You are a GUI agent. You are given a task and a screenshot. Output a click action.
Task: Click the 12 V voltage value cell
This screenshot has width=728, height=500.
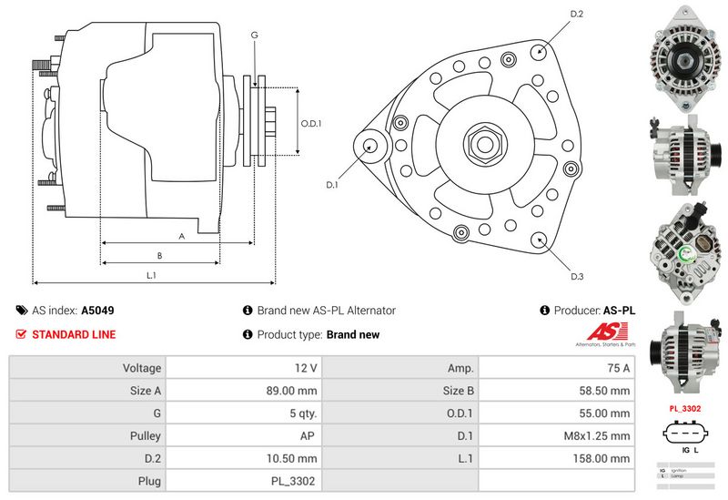coord(306,368)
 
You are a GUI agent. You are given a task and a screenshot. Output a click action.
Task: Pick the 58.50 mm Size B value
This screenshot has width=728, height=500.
coord(606,391)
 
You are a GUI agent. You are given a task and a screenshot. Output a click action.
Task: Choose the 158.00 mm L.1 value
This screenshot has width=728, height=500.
coord(602,458)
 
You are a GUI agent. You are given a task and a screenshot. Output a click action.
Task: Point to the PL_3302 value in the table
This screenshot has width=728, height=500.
coord(295,481)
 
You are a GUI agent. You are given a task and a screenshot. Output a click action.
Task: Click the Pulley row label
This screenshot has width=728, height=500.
coord(146,436)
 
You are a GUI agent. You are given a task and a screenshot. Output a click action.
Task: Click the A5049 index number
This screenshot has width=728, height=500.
coord(97,311)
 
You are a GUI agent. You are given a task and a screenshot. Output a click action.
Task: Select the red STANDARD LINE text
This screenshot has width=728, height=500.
coord(74,334)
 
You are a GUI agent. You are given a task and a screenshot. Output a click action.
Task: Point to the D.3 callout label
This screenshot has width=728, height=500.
coord(576,276)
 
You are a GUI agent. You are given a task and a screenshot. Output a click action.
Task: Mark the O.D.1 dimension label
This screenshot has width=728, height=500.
coord(311,123)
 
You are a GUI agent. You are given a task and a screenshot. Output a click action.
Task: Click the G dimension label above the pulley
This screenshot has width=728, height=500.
coord(254,35)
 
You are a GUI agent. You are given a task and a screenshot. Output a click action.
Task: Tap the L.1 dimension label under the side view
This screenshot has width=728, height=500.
coord(152,275)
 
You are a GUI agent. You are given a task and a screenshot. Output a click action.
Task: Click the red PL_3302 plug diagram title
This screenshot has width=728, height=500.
coord(683,408)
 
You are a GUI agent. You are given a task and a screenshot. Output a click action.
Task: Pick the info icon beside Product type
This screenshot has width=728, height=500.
coord(248,334)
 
